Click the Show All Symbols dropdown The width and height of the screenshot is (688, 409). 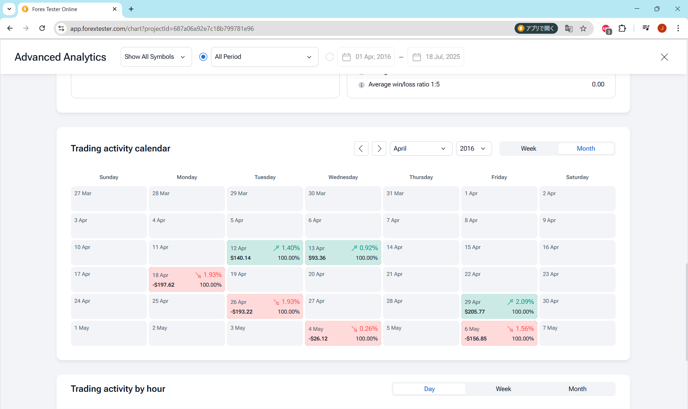click(156, 57)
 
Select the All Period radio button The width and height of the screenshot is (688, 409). click(203, 57)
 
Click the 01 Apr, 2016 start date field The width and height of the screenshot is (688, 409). click(366, 57)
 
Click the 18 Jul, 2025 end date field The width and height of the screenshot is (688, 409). click(436, 57)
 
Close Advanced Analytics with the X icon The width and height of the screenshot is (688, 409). click(664, 57)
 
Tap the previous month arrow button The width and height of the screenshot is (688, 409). click(361, 149)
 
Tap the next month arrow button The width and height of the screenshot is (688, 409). click(379, 149)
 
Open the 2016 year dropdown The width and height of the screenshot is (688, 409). click(474, 149)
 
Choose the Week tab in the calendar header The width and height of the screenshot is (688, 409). click(529, 149)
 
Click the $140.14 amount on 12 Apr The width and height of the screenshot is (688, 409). click(240, 258)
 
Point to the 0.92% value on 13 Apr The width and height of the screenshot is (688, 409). click(369, 248)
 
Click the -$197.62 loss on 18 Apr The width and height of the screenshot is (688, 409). click(163, 285)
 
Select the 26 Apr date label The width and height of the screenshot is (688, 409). click(238, 302)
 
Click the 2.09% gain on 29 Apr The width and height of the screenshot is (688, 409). click(525, 302)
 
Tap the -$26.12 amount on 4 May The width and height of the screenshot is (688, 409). click(318, 339)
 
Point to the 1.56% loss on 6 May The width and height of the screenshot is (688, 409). click(525, 329)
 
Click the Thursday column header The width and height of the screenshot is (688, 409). click(421, 177)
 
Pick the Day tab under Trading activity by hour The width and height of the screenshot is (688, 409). click(429, 389)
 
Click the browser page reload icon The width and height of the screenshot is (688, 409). click(42, 28)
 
